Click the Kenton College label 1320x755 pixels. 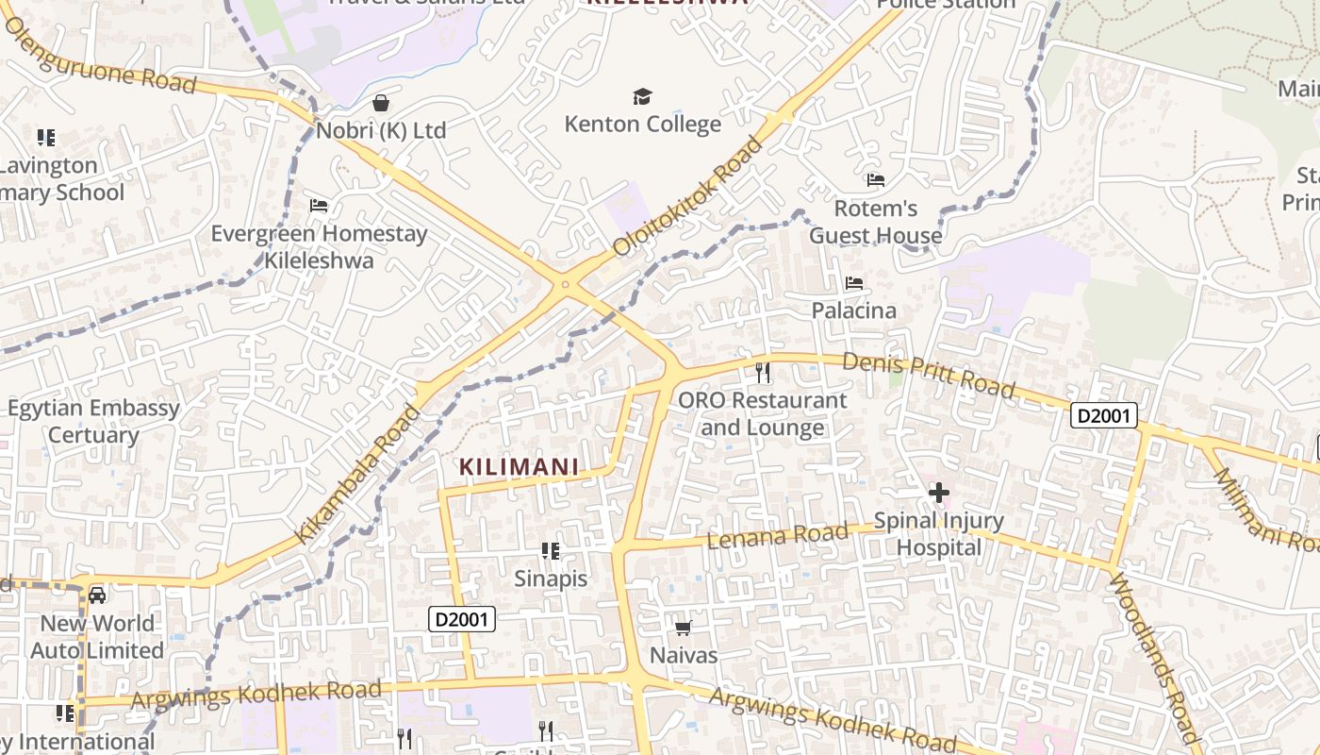[642, 124]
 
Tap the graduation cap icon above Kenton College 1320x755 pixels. [642, 96]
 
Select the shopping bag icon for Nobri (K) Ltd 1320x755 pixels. [381, 102]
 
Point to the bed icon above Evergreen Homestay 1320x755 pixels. [319, 205]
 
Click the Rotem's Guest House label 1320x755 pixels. [875, 222]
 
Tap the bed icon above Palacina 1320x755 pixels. [854, 282]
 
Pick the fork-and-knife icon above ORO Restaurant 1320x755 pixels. [763, 372]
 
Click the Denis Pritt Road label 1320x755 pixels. [928, 375]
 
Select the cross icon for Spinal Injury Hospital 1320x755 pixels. [938, 492]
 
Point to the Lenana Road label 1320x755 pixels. [777, 536]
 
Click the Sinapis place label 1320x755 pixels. [551, 579]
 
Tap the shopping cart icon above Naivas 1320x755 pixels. [684, 628]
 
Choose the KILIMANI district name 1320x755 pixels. [519, 466]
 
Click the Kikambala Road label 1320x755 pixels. [357, 475]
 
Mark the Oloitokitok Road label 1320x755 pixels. [687, 197]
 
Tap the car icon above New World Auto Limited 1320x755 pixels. [97, 595]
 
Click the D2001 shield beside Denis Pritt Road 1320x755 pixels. [1103, 415]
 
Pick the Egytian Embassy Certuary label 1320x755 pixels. [93, 422]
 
